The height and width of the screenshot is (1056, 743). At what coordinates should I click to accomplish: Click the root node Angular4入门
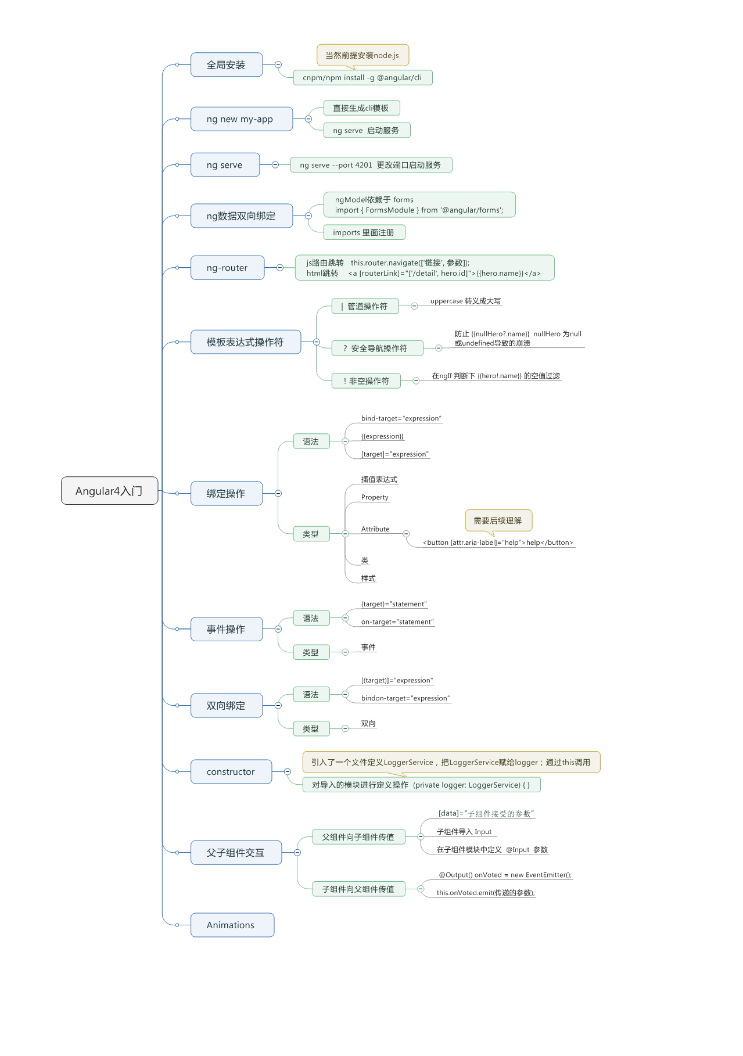click(x=109, y=491)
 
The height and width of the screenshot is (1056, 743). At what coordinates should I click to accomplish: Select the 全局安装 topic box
click(x=226, y=65)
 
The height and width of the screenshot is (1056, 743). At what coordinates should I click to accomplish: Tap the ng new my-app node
click(x=241, y=119)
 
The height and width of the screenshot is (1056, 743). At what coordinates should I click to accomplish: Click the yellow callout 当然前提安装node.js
click(x=362, y=55)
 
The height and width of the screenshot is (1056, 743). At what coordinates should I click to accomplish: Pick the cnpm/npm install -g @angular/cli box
click(x=362, y=78)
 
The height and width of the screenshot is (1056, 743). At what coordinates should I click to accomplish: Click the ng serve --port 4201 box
click(x=371, y=165)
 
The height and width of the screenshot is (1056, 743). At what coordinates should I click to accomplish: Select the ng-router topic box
click(x=227, y=268)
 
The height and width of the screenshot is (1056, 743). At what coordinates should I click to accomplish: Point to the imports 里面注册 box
click(x=364, y=232)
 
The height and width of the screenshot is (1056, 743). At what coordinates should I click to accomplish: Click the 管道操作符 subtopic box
click(x=365, y=306)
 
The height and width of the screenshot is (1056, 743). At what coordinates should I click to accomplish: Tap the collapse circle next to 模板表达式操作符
click(x=316, y=342)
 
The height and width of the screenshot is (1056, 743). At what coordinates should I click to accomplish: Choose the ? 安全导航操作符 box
click(x=377, y=348)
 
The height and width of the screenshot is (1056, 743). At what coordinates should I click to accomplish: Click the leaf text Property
click(x=375, y=497)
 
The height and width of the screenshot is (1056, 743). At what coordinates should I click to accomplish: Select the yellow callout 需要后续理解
click(x=498, y=520)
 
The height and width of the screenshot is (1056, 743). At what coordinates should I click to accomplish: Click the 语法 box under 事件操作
click(x=311, y=618)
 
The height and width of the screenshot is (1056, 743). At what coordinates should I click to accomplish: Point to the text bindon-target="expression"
click(x=405, y=698)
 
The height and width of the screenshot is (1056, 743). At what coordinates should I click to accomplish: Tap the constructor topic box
click(x=231, y=772)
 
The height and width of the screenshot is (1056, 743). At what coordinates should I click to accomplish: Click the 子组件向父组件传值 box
click(x=358, y=889)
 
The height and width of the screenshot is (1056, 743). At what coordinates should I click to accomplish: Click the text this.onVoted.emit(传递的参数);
click(x=485, y=893)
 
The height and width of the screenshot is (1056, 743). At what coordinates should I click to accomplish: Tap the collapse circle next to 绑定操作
click(x=278, y=493)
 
